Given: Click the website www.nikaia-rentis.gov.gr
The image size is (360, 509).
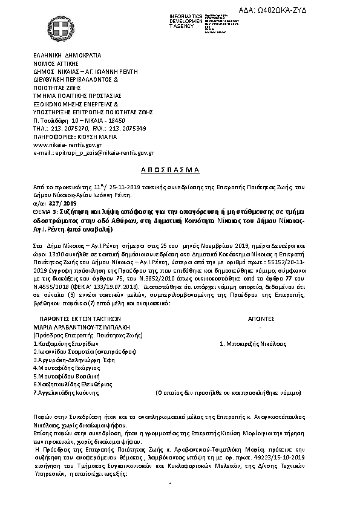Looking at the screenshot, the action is [67, 145].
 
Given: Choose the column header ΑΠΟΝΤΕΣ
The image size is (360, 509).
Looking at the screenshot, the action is [261, 317].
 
